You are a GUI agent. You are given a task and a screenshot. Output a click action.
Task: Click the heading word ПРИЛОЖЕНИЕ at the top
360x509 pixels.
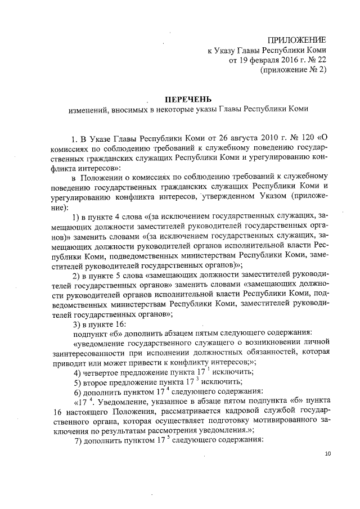299,39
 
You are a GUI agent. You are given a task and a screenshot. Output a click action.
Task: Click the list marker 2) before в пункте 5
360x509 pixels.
78,275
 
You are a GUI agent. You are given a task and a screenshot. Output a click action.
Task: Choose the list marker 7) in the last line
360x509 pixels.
79,441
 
